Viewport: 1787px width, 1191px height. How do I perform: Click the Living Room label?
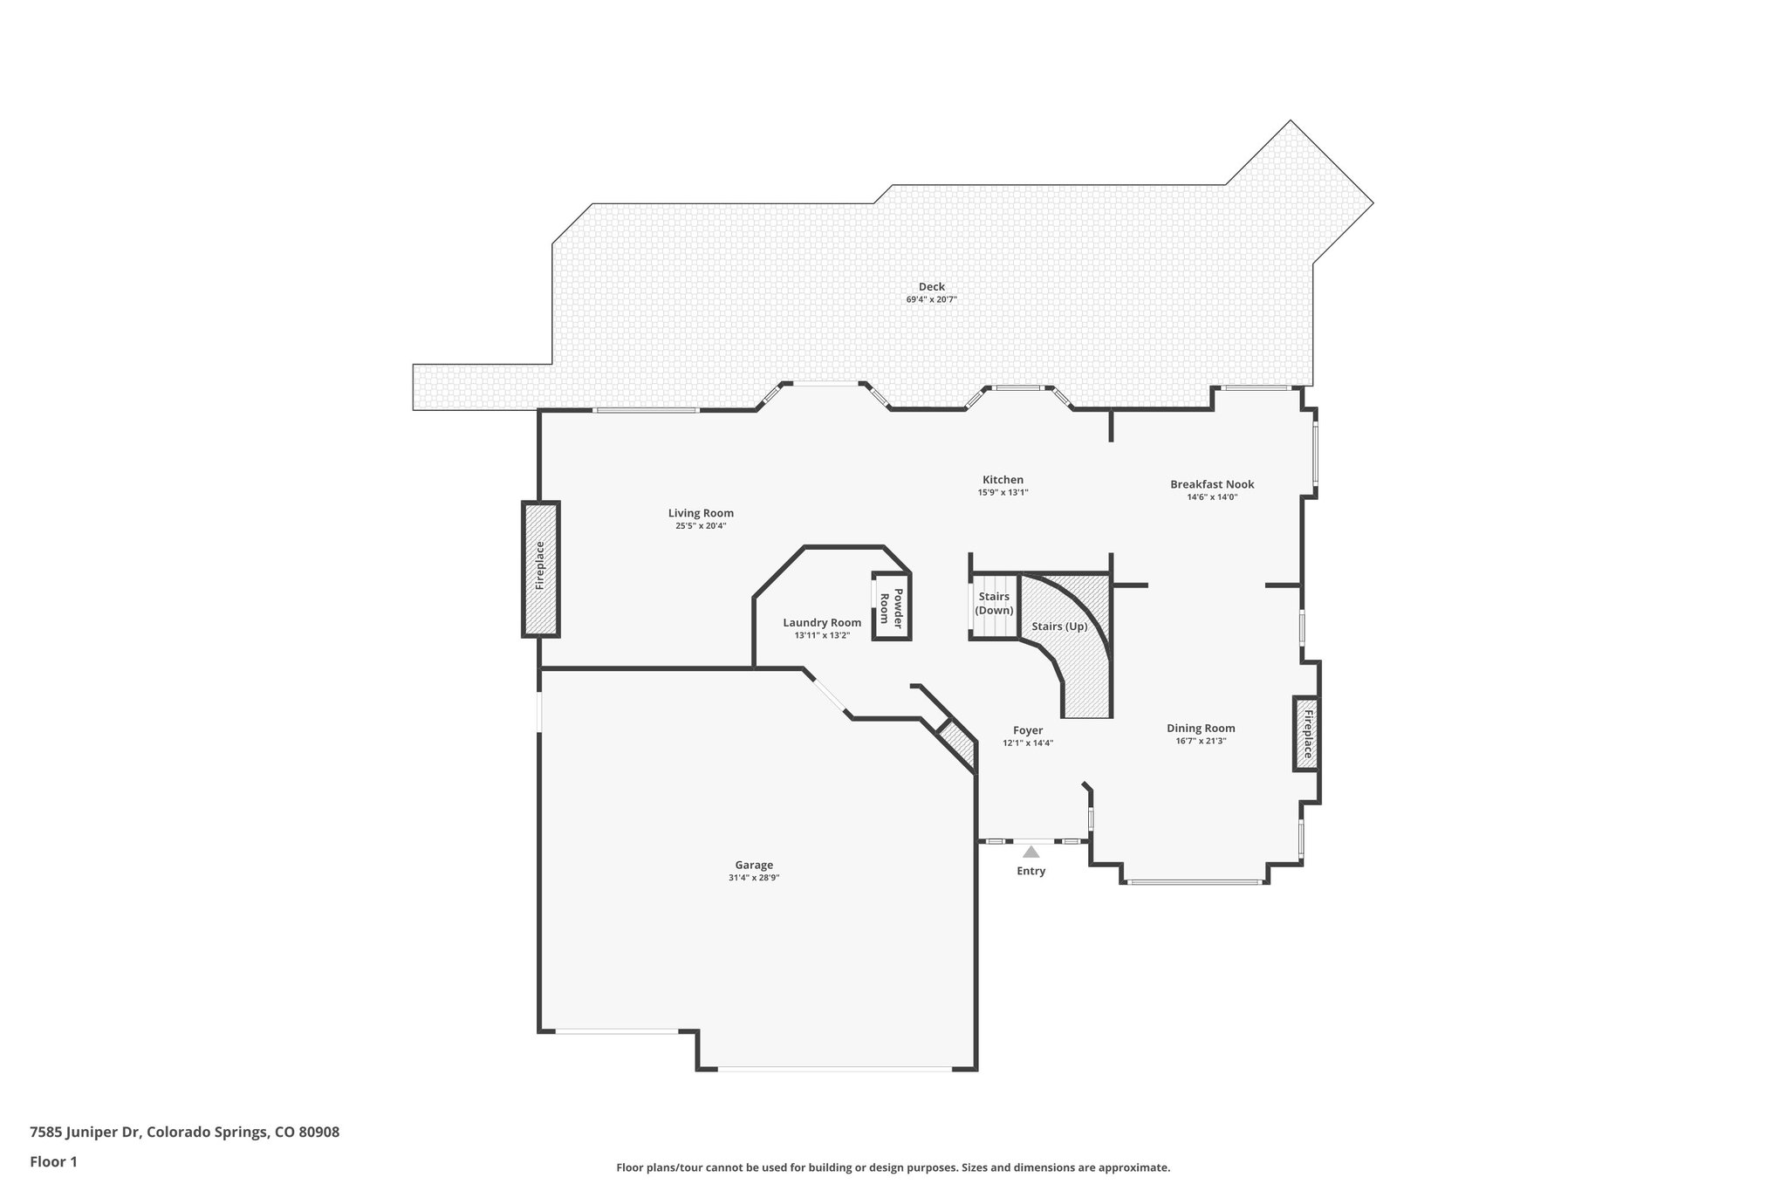701,513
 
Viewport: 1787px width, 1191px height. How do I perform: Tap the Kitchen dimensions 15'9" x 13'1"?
1003,493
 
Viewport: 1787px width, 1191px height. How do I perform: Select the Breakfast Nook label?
1212,484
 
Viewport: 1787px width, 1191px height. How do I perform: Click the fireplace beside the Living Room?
540,568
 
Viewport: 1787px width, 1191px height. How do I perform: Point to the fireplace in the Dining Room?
1306,733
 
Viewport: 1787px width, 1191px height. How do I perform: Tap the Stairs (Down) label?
994,603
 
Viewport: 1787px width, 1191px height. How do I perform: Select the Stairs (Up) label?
1059,626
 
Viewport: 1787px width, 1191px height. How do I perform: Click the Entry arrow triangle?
1031,852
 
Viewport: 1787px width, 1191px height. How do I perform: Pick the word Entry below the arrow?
1030,871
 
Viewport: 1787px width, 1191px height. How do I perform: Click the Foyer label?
1028,730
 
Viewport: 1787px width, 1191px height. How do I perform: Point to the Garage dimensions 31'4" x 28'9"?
754,879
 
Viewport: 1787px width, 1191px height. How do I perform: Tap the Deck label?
931,286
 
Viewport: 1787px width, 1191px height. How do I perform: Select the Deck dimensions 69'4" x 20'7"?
931,300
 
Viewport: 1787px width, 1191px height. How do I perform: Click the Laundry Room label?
822,622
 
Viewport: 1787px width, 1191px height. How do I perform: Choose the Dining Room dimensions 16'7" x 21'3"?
1201,742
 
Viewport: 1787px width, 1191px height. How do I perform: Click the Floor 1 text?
53,1161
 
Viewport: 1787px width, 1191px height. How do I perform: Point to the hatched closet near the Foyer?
957,745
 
